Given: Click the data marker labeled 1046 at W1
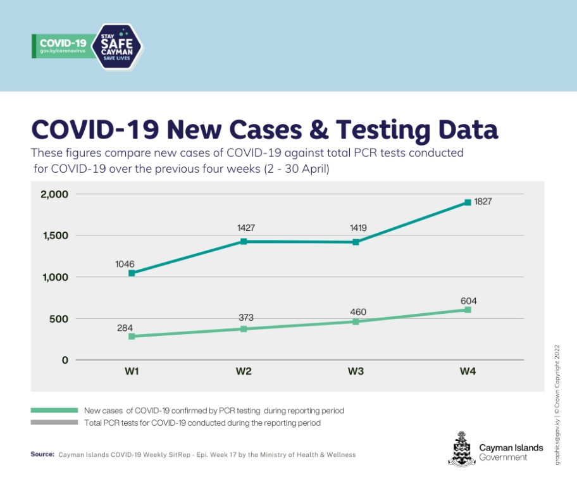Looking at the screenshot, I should point(132,273).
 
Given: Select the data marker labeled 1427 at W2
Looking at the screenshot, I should point(244,242).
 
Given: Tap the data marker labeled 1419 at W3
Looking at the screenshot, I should point(356,242).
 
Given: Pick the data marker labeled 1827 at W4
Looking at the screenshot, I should point(468,202).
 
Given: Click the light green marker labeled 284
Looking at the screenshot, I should point(132,337).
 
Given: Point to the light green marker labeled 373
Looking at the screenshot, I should point(244,329).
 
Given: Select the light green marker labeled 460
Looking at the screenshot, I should point(356,321).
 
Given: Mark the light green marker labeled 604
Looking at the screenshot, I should point(468,310).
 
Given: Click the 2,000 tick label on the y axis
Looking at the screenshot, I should point(54,194).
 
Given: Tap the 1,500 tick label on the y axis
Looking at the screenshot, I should point(54,236).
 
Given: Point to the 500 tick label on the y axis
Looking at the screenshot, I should point(58,319).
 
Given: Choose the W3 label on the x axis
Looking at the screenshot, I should point(356,371).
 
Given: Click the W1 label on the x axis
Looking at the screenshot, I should point(132,371).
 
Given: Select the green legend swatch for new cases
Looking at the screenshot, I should point(53,410).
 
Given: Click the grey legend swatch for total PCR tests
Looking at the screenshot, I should point(53,422).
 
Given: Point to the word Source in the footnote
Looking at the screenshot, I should point(42,454).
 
